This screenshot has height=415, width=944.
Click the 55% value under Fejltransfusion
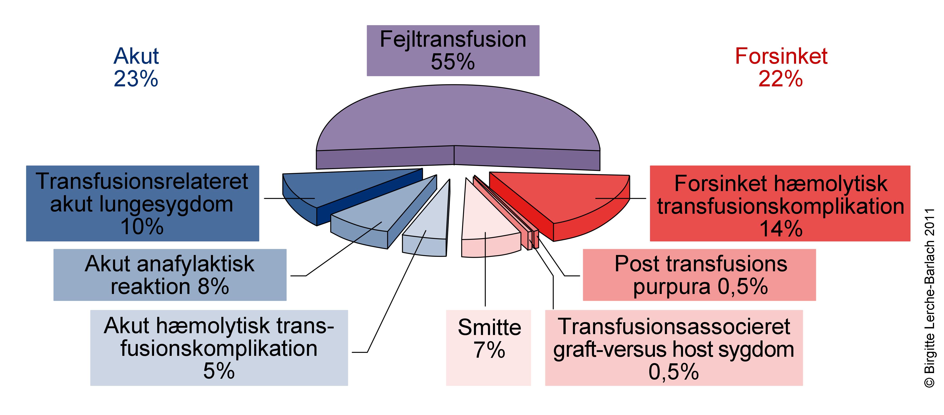(x=453, y=62)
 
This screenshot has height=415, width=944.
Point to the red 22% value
(x=781, y=79)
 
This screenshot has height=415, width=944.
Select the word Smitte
(x=489, y=327)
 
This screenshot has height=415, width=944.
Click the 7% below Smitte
(x=489, y=350)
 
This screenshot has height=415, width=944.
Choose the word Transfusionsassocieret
(x=674, y=326)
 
